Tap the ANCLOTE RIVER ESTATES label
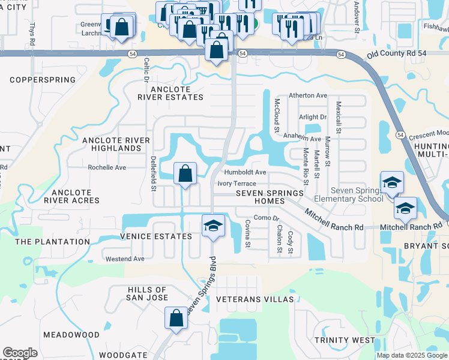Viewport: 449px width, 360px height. point(169,93)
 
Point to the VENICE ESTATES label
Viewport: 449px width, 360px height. point(155,236)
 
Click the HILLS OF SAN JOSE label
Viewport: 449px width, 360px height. point(147,293)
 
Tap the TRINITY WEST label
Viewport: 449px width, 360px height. point(345,340)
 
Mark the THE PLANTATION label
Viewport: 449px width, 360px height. point(52,242)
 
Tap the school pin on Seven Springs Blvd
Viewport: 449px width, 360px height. point(212,226)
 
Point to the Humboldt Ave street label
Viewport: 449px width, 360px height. point(245,172)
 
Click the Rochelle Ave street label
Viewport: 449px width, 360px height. point(107,167)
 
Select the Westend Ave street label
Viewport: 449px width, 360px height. point(125,259)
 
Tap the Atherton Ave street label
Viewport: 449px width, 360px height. point(308,95)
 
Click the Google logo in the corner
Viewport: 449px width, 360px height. point(20,353)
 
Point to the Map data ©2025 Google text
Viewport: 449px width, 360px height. point(411,355)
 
